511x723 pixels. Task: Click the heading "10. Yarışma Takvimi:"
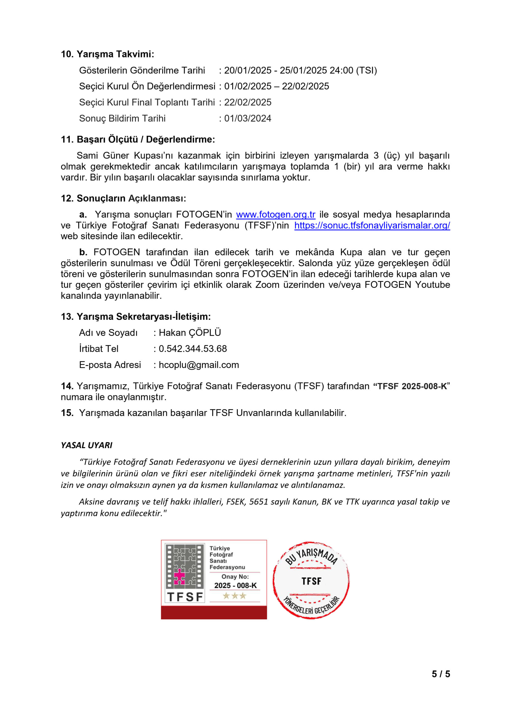tap(107, 54)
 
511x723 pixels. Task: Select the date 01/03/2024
tap(248, 118)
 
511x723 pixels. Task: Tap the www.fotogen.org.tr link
tap(276, 214)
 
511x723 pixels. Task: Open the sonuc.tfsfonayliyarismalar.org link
tap(372, 225)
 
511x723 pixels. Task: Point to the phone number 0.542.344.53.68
tap(192, 349)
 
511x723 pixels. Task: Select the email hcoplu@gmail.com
tap(199, 365)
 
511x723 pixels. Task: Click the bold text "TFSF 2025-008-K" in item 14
tap(412, 386)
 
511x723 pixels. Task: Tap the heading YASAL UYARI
tap(87, 445)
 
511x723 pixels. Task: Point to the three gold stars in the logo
tap(234, 596)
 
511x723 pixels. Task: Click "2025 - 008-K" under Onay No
tap(235, 585)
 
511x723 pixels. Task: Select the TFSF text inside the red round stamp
tap(311, 581)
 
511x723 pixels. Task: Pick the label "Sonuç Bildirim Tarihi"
tap(122, 118)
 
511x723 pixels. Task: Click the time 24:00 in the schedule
tap(341, 70)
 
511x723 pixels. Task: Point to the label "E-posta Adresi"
tap(110, 365)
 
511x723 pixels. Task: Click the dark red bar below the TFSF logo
tap(214, 613)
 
